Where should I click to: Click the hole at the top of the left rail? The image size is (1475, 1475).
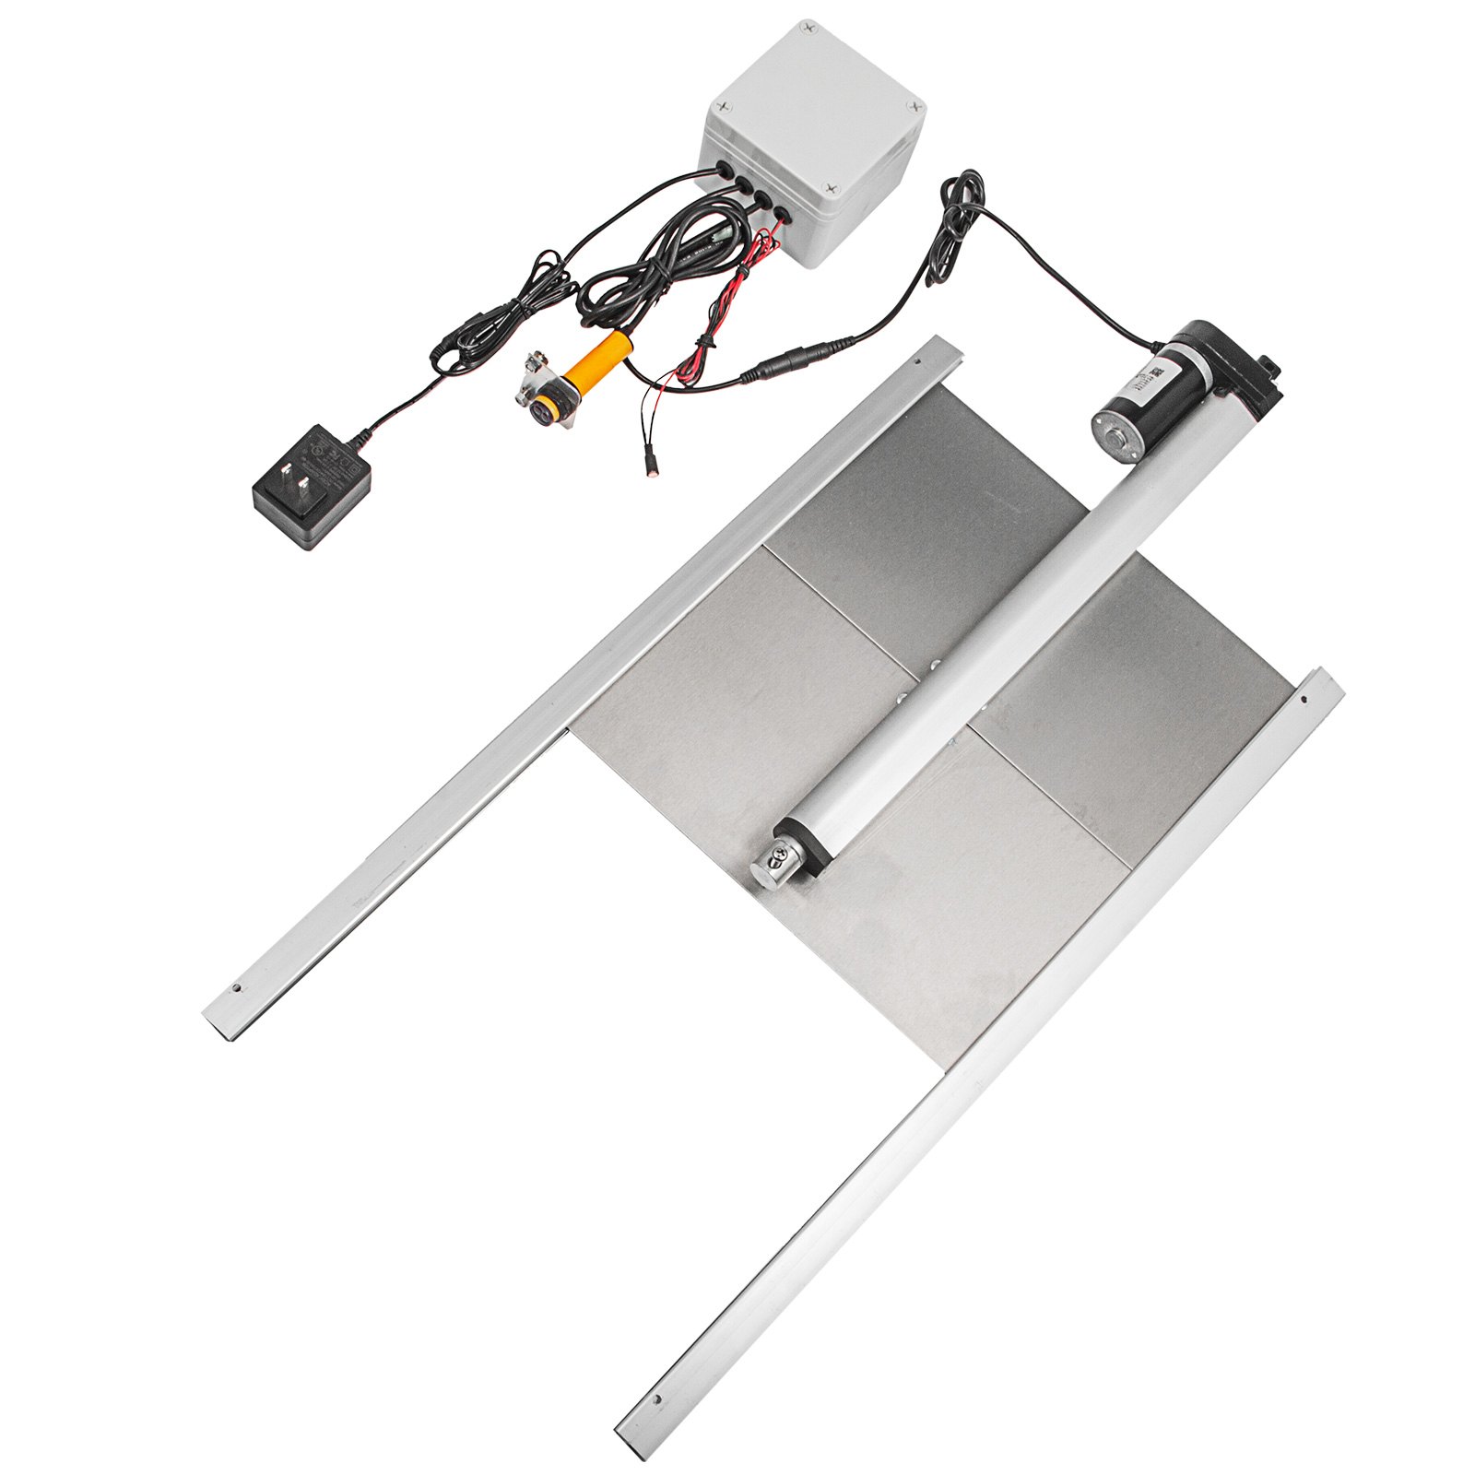917,360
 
